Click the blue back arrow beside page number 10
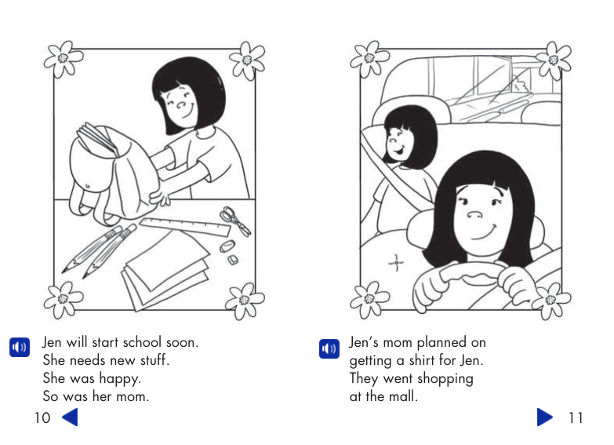coord(70,417)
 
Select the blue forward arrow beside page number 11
coord(545,417)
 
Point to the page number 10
coord(42,418)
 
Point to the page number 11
coord(575,418)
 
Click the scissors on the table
coord(234,221)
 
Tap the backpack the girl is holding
coord(110,173)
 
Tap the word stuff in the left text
coord(151,361)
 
